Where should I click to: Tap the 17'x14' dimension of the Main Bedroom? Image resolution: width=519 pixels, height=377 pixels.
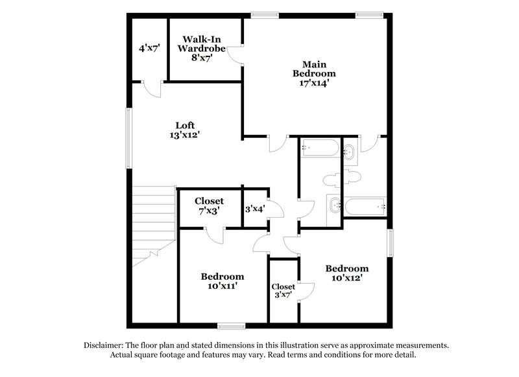click(x=313, y=82)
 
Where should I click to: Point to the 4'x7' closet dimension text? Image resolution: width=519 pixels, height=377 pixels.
click(x=150, y=48)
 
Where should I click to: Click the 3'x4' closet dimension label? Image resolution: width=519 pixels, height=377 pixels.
click(x=254, y=209)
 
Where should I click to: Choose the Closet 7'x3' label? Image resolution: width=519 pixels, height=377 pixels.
click(x=209, y=205)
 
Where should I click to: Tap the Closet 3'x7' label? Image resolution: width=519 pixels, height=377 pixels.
click(x=283, y=291)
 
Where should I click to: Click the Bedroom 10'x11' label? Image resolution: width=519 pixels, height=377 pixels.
click(x=222, y=281)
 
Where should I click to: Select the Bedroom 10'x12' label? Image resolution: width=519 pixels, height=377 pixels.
click(x=346, y=273)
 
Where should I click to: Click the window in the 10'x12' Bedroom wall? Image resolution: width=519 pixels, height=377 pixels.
click(x=391, y=243)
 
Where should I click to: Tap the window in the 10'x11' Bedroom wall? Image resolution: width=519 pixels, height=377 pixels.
click(x=231, y=325)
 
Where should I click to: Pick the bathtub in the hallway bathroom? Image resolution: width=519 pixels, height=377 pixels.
click(x=320, y=149)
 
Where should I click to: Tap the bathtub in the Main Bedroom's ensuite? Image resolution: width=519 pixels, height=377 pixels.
click(x=365, y=207)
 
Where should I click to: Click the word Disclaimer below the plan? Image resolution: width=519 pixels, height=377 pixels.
click(x=104, y=345)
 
